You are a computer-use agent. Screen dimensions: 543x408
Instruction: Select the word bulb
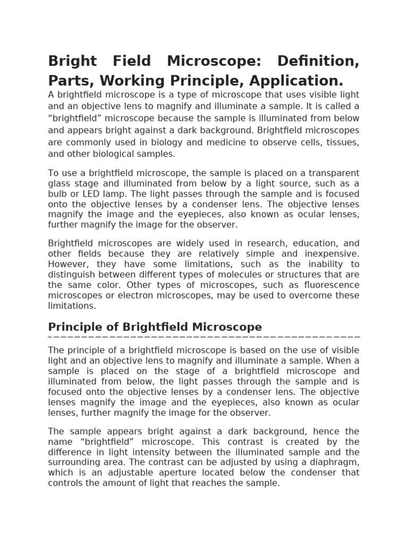click(x=57, y=194)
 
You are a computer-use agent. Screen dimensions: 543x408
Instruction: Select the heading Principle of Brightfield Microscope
click(x=155, y=327)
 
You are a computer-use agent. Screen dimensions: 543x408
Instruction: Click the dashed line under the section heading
click(x=204, y=337)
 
